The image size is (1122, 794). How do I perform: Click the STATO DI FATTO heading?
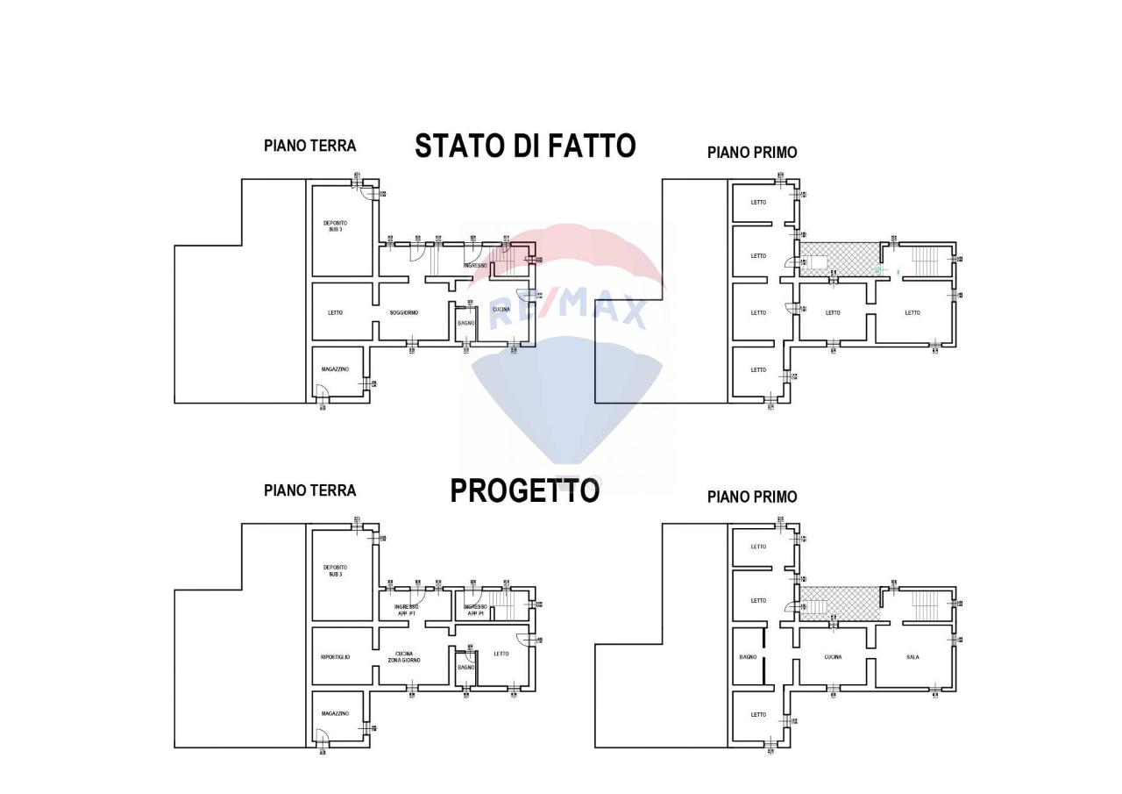click(524, 146)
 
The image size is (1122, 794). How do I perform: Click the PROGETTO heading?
click(524, 491)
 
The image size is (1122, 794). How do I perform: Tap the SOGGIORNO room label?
click(404, 313)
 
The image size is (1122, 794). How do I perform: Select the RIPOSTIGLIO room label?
click(335, 657)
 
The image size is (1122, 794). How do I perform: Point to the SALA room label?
click(913, 657)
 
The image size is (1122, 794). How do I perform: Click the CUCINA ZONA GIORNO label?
click(404, 657)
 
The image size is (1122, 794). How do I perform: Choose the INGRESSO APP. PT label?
click(405, 610)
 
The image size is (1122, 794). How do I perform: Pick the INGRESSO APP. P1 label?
click(475, 610)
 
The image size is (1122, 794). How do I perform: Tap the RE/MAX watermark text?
click(567, 309)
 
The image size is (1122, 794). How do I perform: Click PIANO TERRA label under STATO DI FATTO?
click(309, 146)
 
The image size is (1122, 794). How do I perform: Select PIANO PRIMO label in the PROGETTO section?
click(752, 497)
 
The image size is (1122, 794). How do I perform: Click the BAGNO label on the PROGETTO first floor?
click(748, 657)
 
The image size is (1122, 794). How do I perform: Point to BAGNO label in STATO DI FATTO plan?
click(466, 324)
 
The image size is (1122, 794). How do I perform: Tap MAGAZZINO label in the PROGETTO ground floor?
click(335, 714)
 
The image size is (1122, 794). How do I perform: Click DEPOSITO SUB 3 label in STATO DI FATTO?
click(335, 226)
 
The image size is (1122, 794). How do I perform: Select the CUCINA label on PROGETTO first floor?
click(833, 657)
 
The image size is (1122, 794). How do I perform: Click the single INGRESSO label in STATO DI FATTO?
click(475, 266)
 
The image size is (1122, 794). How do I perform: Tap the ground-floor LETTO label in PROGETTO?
click(501, 654)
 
